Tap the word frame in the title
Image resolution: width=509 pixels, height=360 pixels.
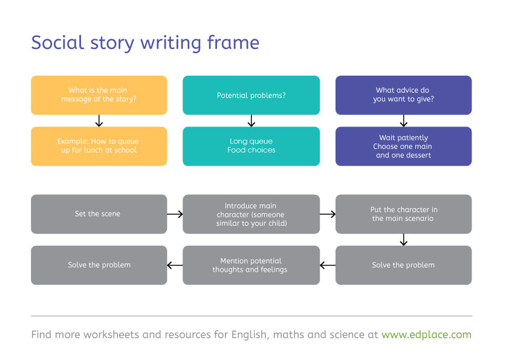(x=233, y=43)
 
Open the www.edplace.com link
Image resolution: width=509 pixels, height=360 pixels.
(x=426, y=334)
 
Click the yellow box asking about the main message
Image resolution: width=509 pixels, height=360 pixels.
(x=99, y=95)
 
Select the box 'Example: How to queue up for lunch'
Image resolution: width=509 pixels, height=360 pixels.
(x=99, y=146)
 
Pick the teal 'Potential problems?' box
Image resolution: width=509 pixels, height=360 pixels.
(x=251, y=95)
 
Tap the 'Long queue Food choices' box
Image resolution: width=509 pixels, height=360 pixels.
(x=251, y=146)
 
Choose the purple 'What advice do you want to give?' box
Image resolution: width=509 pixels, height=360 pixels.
(x=403, y=95)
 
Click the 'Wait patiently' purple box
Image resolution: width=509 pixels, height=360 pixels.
(x=403, y=146)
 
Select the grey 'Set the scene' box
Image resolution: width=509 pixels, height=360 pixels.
(x=99, y=214)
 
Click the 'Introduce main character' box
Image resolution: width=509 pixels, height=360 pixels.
(x=251, y=214)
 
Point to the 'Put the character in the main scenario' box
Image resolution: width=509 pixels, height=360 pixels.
(x=403, y=214)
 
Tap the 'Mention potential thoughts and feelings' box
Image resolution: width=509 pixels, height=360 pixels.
(x=251, y=265)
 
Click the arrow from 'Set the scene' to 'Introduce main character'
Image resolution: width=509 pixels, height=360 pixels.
(x=175, y=214)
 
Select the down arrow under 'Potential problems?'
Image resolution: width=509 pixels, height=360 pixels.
(x=251, y=120)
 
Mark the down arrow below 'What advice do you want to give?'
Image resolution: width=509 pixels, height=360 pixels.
(x=403, y=120)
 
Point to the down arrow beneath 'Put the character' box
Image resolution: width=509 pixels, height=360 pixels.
(x=403, y=240)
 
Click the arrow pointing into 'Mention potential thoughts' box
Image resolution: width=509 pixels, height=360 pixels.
(x=328, y=265)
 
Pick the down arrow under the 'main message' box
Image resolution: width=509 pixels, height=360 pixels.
(x=99, y=120)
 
